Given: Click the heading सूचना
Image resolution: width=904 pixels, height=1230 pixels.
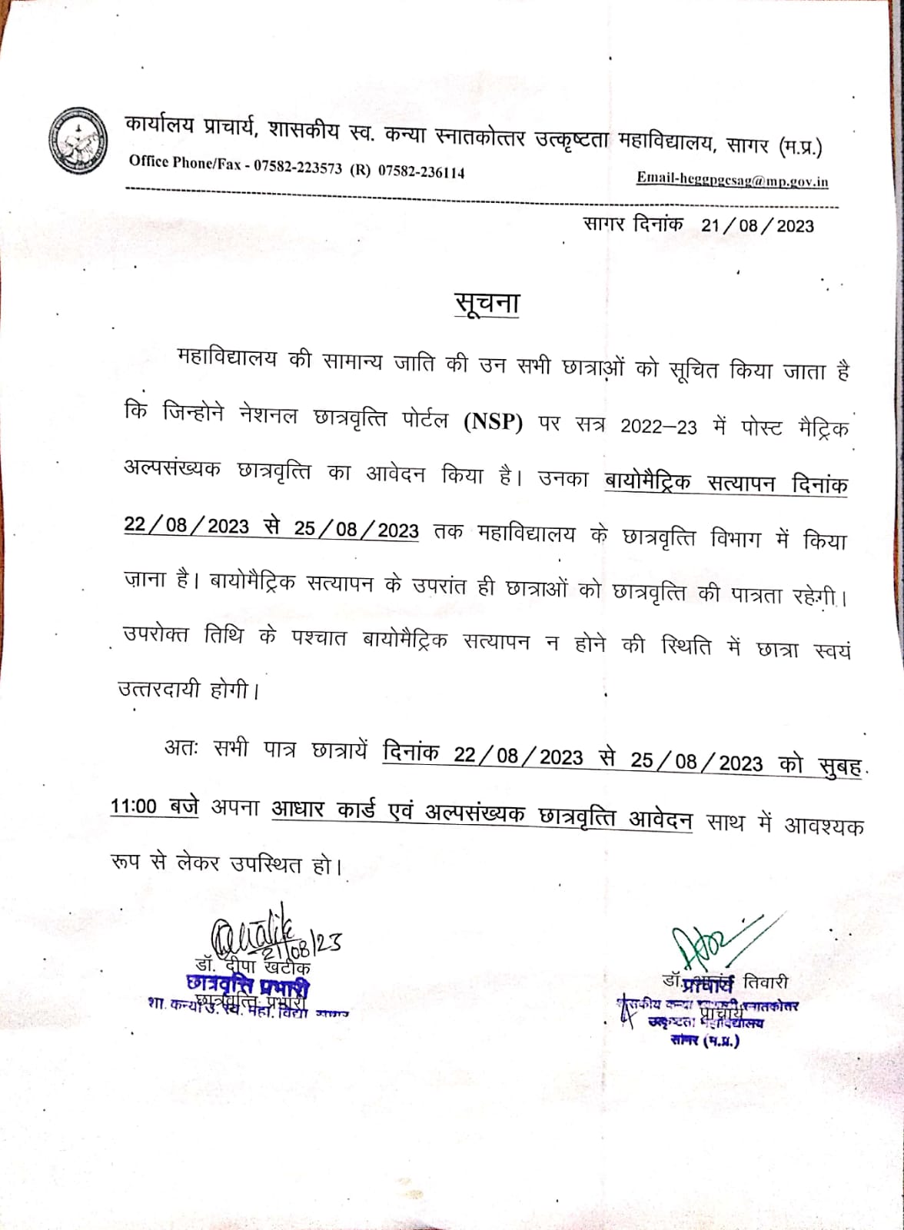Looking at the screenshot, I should click(487, 303).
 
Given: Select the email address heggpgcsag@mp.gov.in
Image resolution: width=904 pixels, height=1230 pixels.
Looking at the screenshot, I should click(732, 180).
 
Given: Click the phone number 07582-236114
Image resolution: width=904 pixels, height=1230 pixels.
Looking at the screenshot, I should click(420, 171).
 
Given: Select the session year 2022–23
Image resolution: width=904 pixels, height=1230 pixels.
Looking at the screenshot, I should click(659, 427).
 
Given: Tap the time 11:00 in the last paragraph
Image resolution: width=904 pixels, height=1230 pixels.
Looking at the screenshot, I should click(133, 806).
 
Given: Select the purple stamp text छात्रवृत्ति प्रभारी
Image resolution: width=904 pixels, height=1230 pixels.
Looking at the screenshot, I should click(247, 985).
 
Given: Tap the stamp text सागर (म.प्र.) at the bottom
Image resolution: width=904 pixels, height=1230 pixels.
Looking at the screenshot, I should click(704, 1041).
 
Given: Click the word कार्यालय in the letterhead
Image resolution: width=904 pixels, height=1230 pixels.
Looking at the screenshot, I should click(159, 125).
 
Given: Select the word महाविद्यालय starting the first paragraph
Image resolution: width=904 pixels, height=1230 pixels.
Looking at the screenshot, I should click(226, 359).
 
